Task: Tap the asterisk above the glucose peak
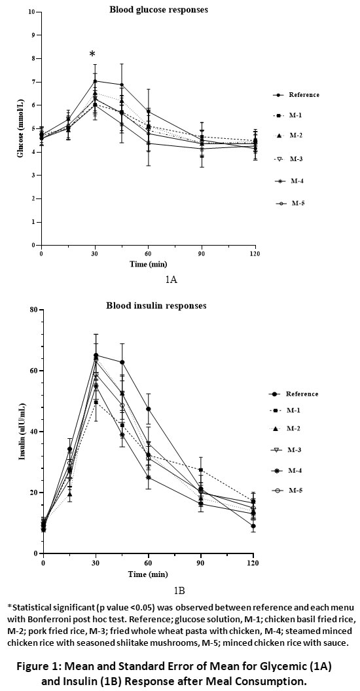tap(92, 54)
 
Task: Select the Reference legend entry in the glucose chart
tap(296, 95)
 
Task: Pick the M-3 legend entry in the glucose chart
tap(289, 159)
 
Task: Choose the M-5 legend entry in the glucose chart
tap(289, 203)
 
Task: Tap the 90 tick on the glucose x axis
tap(202, 254)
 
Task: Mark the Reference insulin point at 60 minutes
tap(149, 409)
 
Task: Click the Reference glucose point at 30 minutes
tap(95, 81)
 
